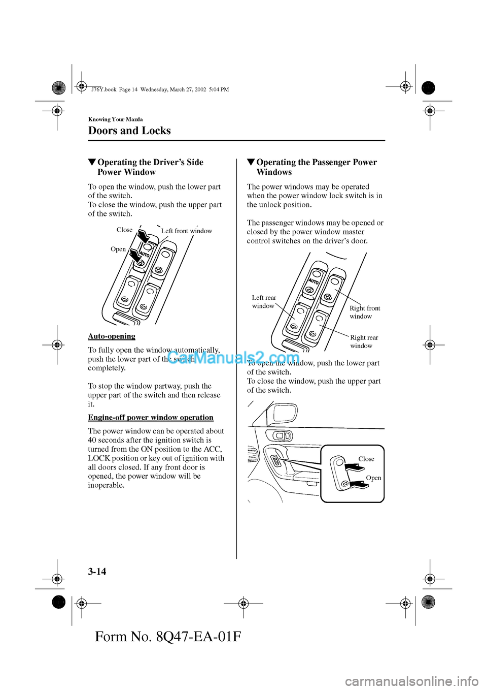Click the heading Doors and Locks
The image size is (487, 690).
[129, 131]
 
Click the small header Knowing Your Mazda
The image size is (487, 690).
[115, 119]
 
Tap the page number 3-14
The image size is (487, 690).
[97, 572]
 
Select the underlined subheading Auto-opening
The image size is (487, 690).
[112, 336]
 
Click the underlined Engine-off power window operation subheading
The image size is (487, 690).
[151, 417]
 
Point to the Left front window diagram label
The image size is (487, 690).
[187, 231]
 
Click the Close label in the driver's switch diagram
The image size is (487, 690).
[124, 230]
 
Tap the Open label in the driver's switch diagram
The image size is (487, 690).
[118, 249]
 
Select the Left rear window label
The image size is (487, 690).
[264, 302]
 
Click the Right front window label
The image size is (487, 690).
[364, 312]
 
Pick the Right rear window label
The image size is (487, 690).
[364, 341]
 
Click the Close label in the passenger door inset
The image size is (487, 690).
[366, 459]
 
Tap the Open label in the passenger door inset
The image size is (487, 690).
[373, 478]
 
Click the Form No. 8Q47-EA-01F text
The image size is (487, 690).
[168, 637]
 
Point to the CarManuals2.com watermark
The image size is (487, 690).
[233, 358]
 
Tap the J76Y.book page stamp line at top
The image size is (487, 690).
[160, 89]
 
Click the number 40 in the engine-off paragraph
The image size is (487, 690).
[92, 440]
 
